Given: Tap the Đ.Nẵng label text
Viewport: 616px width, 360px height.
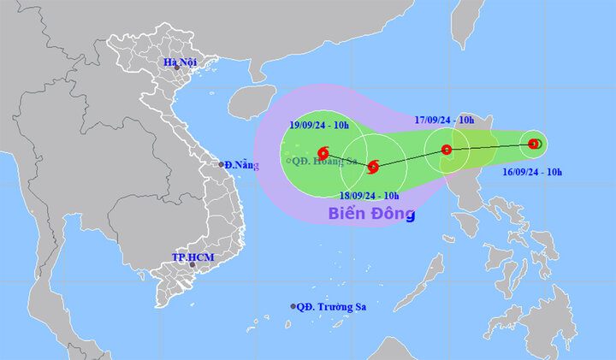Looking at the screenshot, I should [241, 164].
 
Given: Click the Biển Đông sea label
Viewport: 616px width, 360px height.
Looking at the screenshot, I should [371, 214].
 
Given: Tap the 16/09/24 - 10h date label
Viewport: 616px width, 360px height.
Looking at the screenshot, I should [533, 172].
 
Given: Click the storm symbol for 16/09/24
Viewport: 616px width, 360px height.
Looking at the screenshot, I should [533, 144].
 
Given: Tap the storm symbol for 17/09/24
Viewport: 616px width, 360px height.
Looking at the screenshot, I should [446, 150].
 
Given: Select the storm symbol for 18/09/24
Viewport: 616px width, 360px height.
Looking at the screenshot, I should [372, 166].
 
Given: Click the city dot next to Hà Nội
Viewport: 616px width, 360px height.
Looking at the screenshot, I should [177, 68].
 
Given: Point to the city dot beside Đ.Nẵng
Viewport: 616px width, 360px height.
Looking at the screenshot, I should [220, 164].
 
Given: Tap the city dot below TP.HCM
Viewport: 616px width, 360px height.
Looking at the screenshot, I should [192, 265].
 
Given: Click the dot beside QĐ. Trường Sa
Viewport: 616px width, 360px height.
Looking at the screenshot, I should [293, 306].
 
